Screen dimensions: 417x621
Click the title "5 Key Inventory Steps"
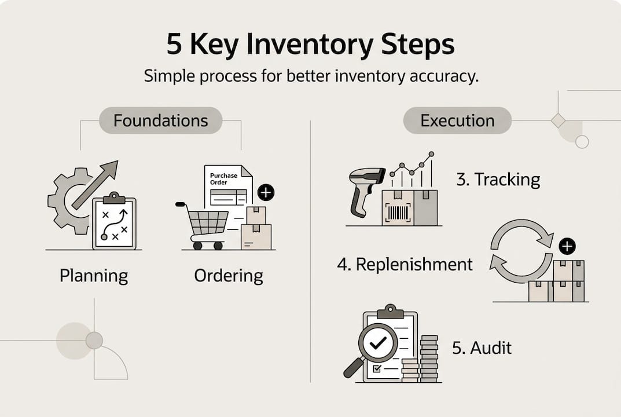pyautogui.click(x=310, y=45)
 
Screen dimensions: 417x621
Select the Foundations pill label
pyautogui.click(x=160, y=120)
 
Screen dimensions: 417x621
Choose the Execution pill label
pyautogui.click(x=457, y=120)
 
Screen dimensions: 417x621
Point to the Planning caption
pyautogui.click(x=94, y=276)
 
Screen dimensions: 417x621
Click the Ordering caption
pyautogui.click(x=229, y=276)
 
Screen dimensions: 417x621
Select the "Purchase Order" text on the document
pyautogui.click(x=223, y=178)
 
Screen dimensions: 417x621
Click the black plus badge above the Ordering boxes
pyautogui.click(x=266, y=193)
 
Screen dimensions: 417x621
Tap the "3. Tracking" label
pyautogui.click(x=498, y=180)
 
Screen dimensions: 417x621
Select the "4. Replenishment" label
pyautogui.click(x=405, y=265)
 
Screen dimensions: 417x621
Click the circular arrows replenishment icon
pyautogui.click(x=521, y=250)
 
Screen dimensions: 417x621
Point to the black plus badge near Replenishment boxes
pyautogui.click(x=568, y=246)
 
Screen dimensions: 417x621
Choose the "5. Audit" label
pyautogui.click(x=482, y=348)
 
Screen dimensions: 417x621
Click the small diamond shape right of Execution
pyautogui.click(x=558, y=120)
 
